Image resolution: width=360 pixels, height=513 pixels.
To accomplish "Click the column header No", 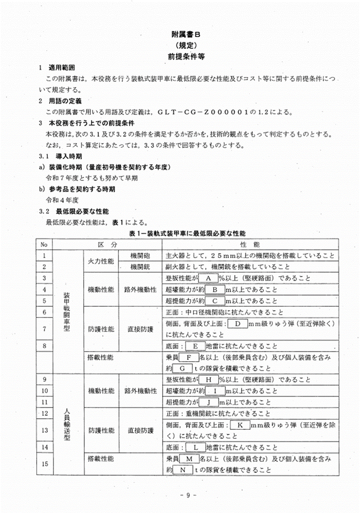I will click(x=44, y=245).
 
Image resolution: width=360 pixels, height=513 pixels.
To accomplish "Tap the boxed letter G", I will click(x=182, y=369).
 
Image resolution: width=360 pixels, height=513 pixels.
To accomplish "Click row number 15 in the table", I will click(x=44, y=464).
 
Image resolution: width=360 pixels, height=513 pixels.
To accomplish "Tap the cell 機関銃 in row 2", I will click(x=140, y=267).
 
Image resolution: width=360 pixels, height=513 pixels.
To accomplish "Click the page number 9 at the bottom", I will click(x=188, y=495).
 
